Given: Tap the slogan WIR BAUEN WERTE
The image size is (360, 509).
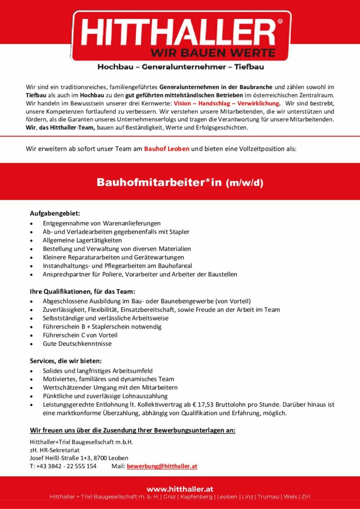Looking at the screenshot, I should [213, 52].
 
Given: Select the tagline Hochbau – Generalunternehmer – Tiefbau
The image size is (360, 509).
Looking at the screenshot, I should [180, 67].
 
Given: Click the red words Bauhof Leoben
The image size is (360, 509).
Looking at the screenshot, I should [167, 149].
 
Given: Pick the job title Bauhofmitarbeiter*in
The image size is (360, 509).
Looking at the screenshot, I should [159, 182].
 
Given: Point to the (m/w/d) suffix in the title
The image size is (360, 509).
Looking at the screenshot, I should [245, 182].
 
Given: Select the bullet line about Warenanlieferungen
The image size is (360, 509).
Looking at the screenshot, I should [101, 223].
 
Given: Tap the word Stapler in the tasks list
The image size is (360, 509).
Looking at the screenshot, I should [179, 232].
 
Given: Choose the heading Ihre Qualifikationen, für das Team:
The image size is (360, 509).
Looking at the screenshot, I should [82, 291].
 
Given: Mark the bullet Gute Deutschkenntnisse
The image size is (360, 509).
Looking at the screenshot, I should [77, 343].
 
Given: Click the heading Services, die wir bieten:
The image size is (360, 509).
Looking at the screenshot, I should [66, 360].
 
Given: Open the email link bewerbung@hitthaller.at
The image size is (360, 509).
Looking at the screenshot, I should [162, 466].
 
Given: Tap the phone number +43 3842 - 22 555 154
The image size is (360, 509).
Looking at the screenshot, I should [66, 466].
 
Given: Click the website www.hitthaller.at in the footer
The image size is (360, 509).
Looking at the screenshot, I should [180, 489].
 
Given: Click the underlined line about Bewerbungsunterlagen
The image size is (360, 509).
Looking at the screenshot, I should [133, 430].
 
